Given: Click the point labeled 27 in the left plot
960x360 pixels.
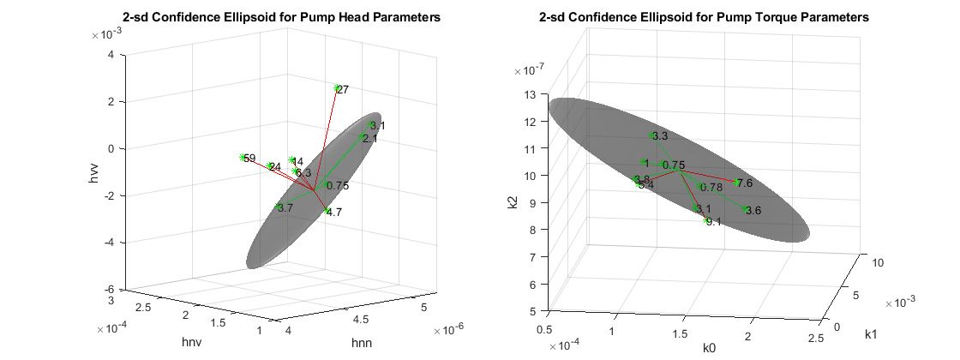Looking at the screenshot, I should [337, 87].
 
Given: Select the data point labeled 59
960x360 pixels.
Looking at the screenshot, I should [243, 158].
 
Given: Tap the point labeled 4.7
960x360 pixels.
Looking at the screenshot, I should [327, 211].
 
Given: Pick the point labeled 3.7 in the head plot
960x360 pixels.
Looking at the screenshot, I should [278, 207].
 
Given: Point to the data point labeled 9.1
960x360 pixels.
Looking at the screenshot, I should [706, 221].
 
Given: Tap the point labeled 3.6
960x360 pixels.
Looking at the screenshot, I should [747, 210].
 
